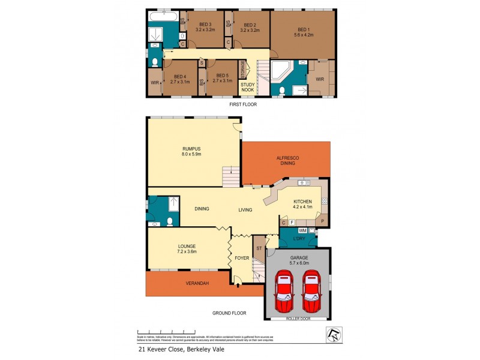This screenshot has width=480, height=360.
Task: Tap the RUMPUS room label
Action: coord(192,149)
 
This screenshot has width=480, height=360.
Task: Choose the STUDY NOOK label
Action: coord(248,88)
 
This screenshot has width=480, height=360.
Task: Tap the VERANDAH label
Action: coord(196,283)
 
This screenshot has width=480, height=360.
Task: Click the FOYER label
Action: coord(242,258)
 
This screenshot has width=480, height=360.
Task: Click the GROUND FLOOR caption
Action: coord(230,313)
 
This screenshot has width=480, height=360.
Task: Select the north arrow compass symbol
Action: coord(332,334)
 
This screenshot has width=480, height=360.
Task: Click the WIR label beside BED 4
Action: coord(155,82)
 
